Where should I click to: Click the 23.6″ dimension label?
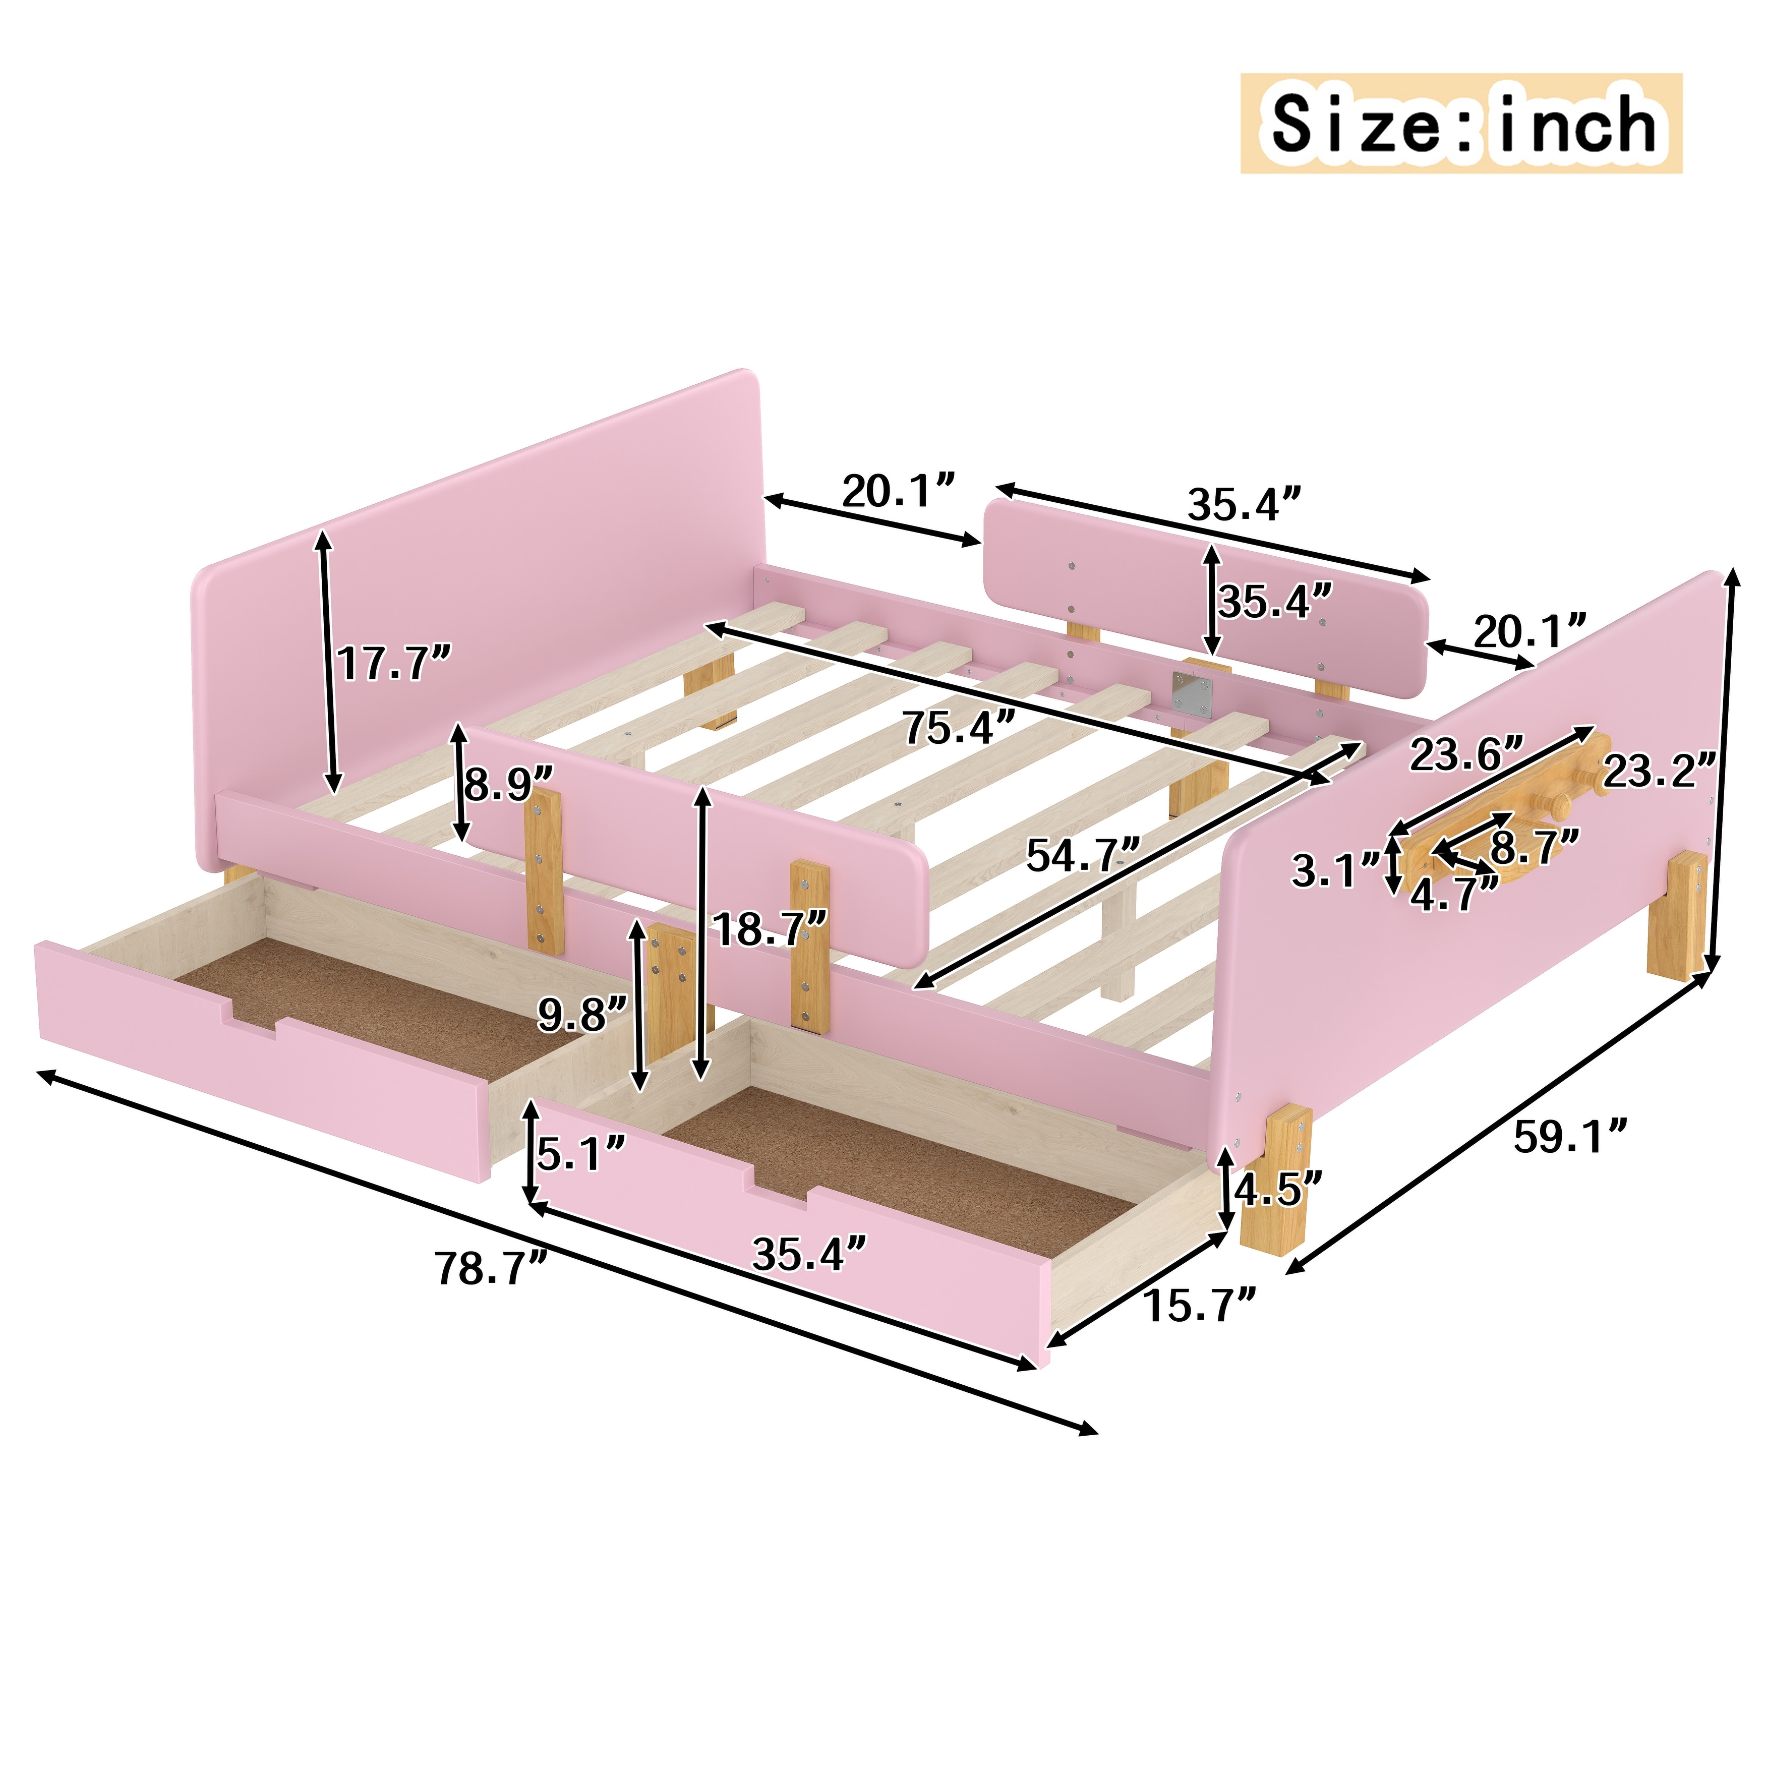1467,754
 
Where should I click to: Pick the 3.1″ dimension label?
1336,870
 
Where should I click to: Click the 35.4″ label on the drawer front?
808,1254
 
